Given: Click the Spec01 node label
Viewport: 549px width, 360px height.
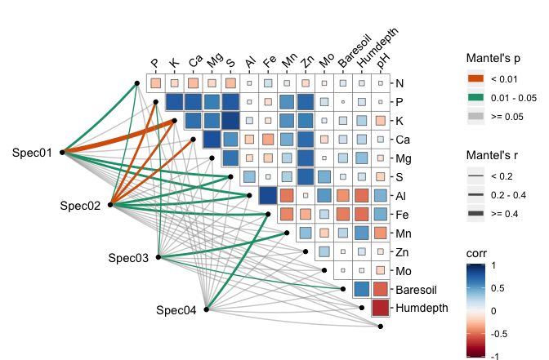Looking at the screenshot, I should pos(33,153).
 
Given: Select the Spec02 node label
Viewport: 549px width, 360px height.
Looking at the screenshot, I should pos(80,206).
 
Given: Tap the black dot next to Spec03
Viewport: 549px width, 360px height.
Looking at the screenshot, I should pos(158,257).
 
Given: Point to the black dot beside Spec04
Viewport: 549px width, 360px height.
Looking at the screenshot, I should pos(207,309).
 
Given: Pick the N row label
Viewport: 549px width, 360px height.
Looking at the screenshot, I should pos(399,83).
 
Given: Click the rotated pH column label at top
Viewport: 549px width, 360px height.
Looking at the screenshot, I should pos(383,60).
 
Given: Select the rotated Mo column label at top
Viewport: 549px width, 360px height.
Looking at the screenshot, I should pos(326,61).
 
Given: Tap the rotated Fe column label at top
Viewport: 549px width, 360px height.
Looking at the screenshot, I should pos(270,61).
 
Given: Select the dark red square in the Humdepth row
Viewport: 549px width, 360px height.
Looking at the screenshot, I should pos(380,308).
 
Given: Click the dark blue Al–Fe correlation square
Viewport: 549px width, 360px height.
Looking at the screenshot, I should pos(267,195).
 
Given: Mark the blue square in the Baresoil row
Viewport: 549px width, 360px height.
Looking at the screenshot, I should pos(361,289).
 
